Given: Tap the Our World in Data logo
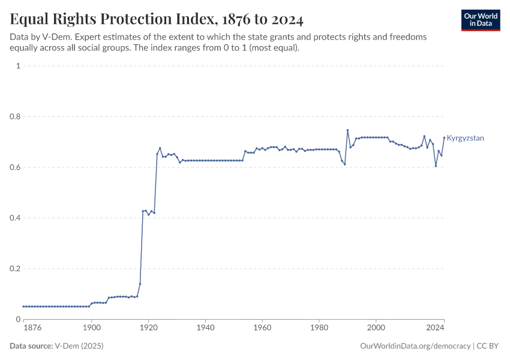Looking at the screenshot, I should click(480, 20).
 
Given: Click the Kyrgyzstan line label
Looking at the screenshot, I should click(465, 138).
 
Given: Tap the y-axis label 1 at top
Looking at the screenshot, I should click(18, 66).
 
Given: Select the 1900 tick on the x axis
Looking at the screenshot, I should click(91, 328).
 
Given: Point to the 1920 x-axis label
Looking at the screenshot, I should click(148, 328).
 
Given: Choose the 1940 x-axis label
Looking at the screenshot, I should click(205, 328).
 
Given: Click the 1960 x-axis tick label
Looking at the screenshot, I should click(262, 328).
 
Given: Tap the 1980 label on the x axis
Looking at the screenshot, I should click(319, 328).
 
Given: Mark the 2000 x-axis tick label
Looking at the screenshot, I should click(376, 328).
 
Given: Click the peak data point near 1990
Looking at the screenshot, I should click(347, 130).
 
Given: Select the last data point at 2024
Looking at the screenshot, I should click(444, 138).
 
